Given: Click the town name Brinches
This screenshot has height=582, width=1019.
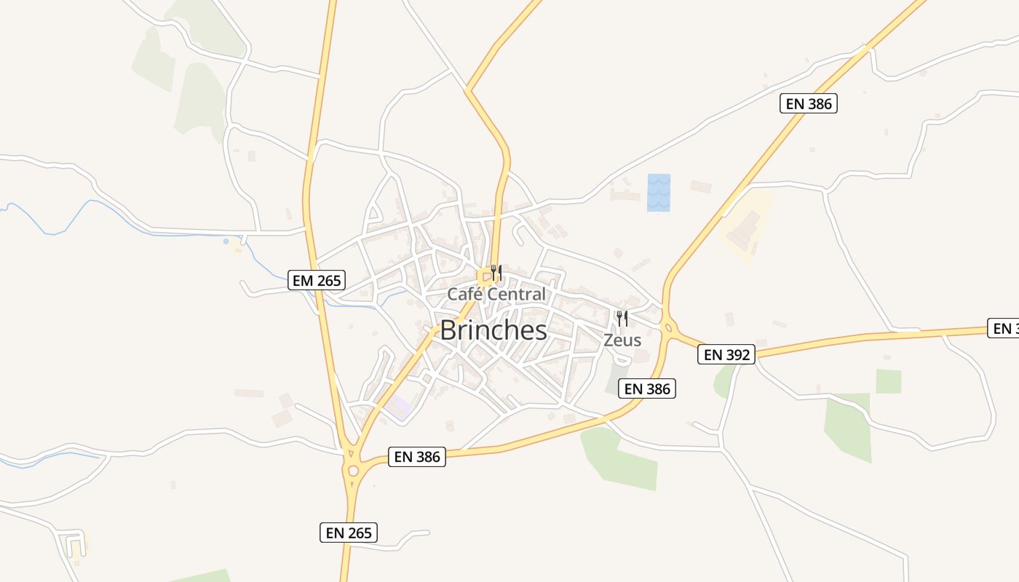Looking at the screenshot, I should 493,330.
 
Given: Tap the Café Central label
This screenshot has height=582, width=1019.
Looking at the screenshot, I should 496,294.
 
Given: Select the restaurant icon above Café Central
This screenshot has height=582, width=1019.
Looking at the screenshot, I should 496,274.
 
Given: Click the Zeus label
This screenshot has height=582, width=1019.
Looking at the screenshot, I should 622,340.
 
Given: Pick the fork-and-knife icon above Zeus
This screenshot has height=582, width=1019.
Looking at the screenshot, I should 622,319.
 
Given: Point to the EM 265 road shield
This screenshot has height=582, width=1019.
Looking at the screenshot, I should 316,280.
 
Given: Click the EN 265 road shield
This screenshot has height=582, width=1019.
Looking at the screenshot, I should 349,533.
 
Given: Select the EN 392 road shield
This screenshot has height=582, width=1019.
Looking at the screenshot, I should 726,354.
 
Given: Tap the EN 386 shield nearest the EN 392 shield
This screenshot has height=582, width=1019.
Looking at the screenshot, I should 648,388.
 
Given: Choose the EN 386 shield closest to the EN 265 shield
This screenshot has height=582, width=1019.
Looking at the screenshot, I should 417,457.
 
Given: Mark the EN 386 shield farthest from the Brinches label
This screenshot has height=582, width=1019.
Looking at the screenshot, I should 809,103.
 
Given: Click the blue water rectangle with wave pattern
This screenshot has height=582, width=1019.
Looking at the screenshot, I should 659,193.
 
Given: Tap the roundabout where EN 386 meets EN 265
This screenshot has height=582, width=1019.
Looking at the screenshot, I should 354,470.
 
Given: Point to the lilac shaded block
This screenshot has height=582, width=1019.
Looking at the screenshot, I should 397,407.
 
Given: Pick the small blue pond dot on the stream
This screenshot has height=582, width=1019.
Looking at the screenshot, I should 226,241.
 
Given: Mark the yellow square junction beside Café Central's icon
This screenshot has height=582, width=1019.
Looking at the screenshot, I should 484,276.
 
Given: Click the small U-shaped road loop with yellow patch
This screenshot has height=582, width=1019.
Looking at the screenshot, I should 75,545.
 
